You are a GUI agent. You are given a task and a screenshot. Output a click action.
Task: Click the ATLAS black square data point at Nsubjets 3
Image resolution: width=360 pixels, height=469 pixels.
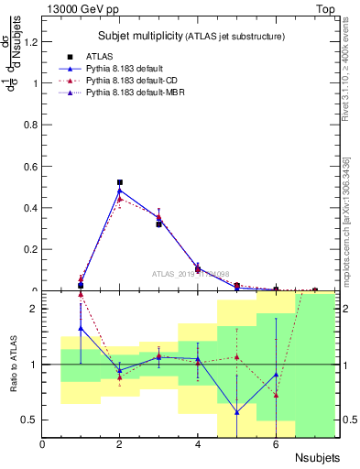[x=158, y=224]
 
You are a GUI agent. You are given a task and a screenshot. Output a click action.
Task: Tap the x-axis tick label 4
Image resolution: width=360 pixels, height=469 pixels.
[x=198, y=445]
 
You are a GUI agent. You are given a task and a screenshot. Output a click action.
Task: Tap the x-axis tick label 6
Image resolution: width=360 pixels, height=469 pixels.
[x=276, y=445]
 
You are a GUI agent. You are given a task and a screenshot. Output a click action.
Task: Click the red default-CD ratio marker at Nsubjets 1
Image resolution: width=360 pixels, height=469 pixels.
[x=81, y=319]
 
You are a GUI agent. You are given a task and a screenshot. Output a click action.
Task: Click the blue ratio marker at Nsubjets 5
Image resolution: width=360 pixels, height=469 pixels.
[x=236, y=412]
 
